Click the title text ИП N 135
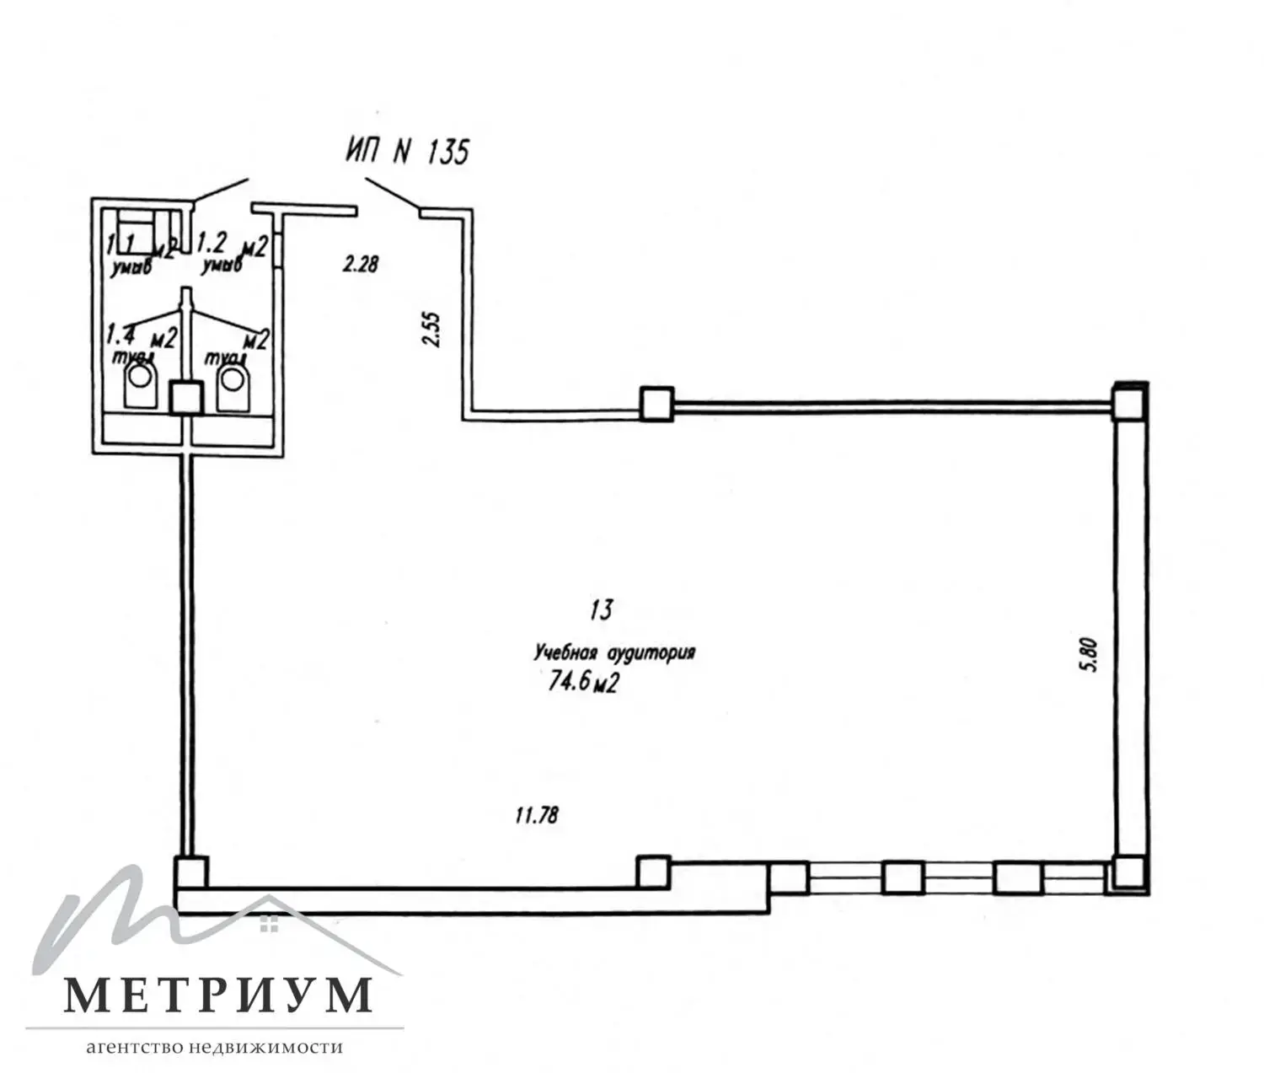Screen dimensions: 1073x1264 pyautogui.click(x=406, y=152)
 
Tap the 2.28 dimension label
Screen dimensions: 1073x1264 pyautogui.click(x=360, y=264)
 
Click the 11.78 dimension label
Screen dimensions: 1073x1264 pyautogui.click(x=536, y=815)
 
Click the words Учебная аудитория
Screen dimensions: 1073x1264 pyautogui.click(x=613, y=653)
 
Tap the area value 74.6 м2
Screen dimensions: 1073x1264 pyautogui.click(x=583, y=682)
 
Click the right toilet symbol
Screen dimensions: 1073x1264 pyautogui.click(x=233, y=384)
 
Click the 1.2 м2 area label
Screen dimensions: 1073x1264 pyautogui.click(x=231, y=245)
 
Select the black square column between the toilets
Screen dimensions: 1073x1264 pyautogui.click(x=186, y=397)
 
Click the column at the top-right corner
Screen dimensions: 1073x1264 pyautogui.click(x=1129, y=402)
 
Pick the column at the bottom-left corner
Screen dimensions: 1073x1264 pyautogui.click(x=190, y=872)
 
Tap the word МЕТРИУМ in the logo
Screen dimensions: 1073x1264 pyautogui.click(x=218, y=995)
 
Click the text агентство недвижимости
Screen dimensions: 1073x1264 pyautogui.click(x=214, y=1048)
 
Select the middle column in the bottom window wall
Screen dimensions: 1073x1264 pyautogui.click(x=902, y=877)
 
